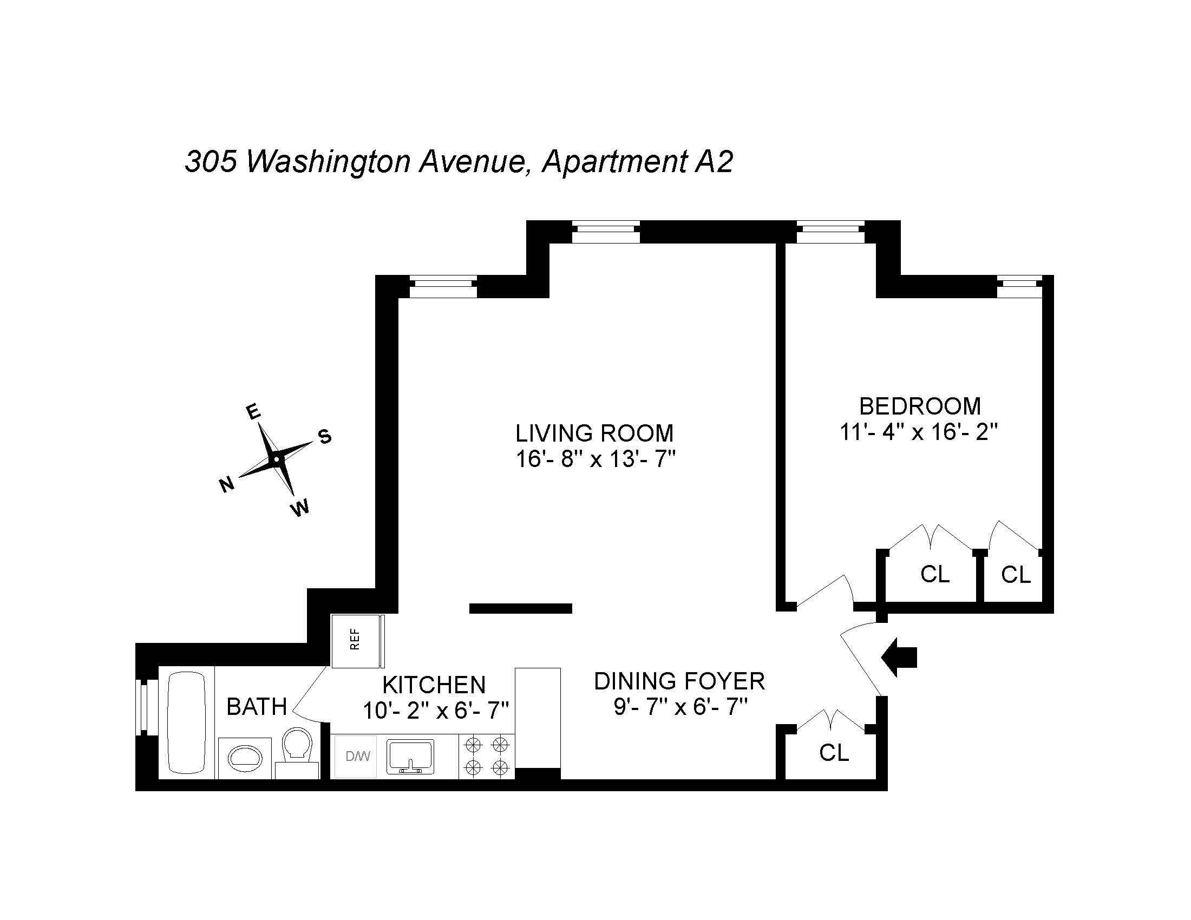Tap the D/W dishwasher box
coord(356,756)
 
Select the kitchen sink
coord(410,757)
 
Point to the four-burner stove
coord(487,756)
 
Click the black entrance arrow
coord(900,658)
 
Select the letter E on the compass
coord(253,412)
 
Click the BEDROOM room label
coord(920,406)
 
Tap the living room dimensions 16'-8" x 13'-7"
coord(595,459)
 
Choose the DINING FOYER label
coord(679,681)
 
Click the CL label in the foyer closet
coord(834,753)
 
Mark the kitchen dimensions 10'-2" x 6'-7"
coord(435,710)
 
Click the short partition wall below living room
coord(520,609)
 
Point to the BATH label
coord(256,707)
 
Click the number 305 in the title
coord(211,162)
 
